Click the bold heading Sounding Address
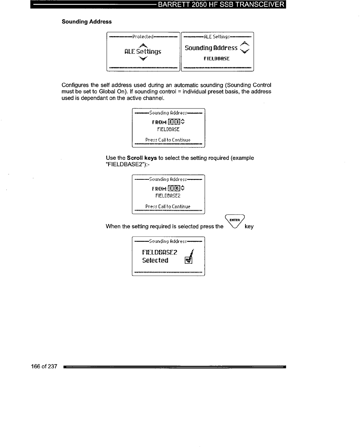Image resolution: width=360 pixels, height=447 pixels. [x=87, y=22]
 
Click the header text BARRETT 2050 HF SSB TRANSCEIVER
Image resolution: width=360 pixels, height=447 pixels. [x=221, y=5]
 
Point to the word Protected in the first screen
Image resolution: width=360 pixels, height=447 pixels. [x=143, y=37]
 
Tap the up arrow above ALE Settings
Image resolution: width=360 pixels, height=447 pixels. [x=143, y=45]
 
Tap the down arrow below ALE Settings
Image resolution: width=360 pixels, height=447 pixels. [x=143, y=58]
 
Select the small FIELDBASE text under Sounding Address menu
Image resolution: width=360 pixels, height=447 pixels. [x=217, y=58]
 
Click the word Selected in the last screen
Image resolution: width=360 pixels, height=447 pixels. [x=155, y=261]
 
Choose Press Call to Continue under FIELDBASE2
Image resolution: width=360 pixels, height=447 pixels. [x=168, y=207]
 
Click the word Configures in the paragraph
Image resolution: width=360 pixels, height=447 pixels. [x=75, y=85]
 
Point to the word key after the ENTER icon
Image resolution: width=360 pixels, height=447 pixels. [x=249, y=227]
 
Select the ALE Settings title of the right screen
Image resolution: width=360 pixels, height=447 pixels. [x=217, y=37]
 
